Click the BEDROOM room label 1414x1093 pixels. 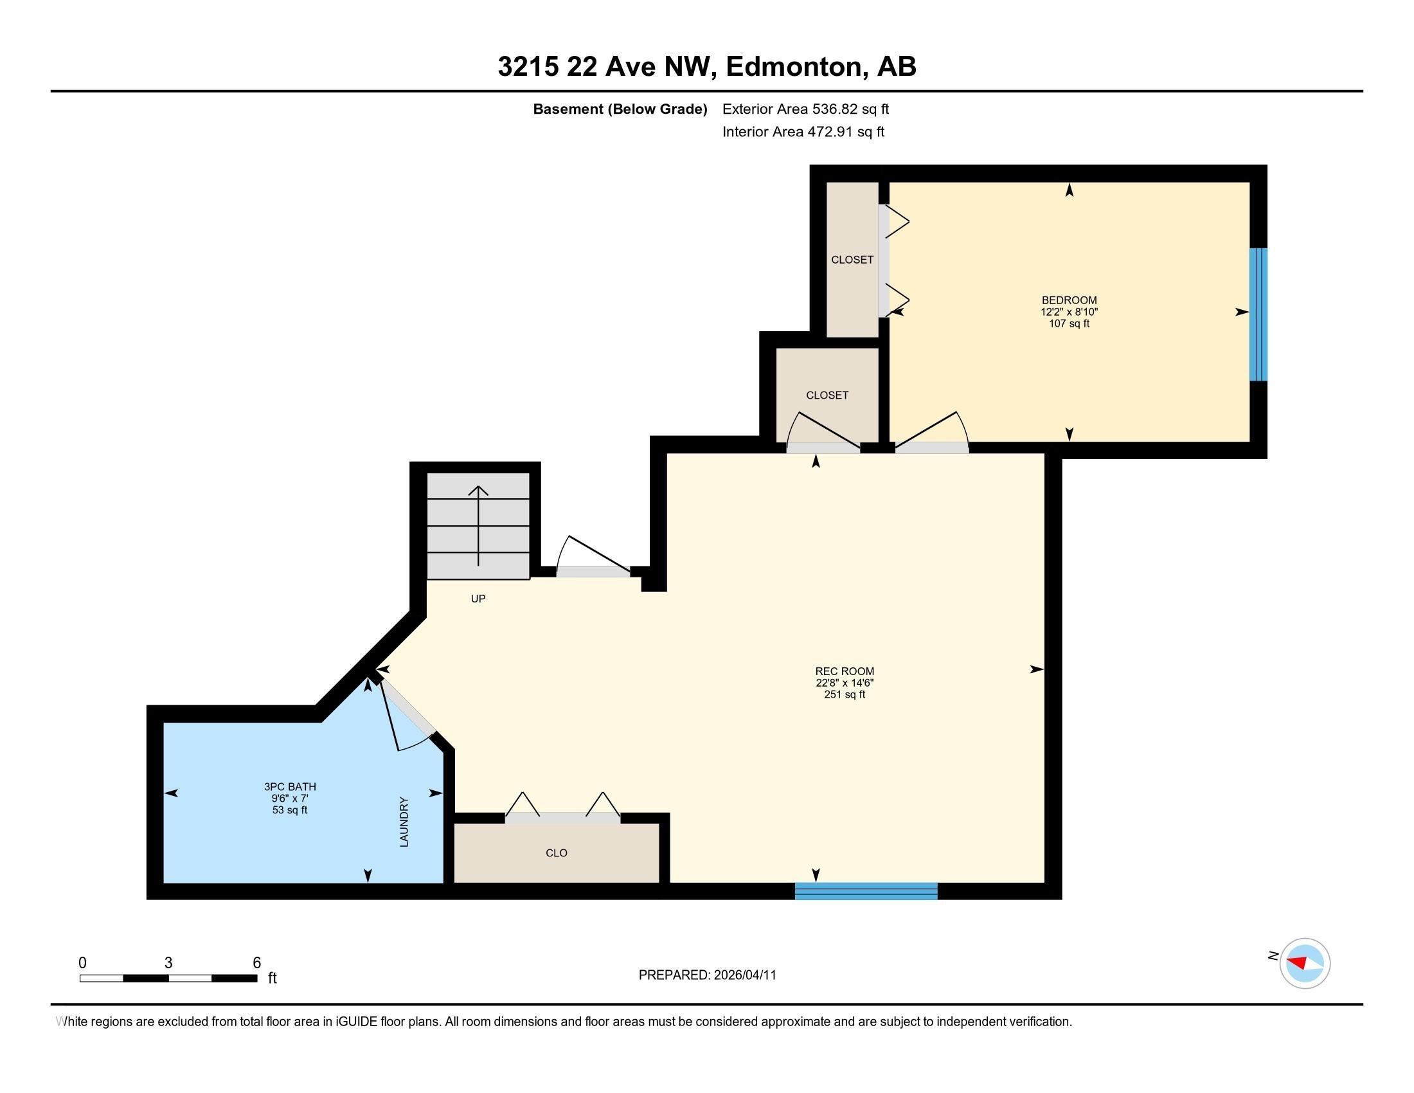coord(1069,300)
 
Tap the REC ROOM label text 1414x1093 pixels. coord(845,671)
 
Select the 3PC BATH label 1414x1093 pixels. coord(289,787)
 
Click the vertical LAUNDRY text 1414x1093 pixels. coord(404,822)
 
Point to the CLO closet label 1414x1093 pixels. coord(556,853)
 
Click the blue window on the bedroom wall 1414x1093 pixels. coord(1257,314)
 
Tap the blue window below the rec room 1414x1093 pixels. coord(866,891)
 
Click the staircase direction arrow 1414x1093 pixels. coord(478,525)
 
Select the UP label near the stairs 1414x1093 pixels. coord(478,599)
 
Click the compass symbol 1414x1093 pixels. coord(1304,963)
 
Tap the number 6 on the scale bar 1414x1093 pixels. coord(256,963)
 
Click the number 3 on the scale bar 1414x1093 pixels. coord(168,963)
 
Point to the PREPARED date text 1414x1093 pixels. coord(707,975)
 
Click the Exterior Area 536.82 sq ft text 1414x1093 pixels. coord(805,109)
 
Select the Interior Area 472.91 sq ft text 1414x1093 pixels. coord(803,132)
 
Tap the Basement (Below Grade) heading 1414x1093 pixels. coord(620,109)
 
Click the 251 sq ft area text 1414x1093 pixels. coord(845,695)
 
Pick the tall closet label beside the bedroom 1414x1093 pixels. coord(852,260)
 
